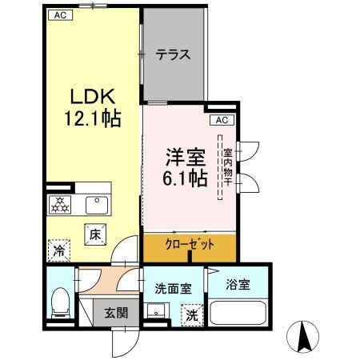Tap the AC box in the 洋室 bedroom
coord(222,120)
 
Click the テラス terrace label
coord(173,55)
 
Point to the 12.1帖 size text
coord(92,120)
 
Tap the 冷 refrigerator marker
coord(58,250)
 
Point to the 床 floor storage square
coord(94,234)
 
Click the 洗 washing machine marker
coord(192,315)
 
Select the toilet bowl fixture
coord(58,303)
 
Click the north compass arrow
coord(304,337)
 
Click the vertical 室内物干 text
coord(227,167)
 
